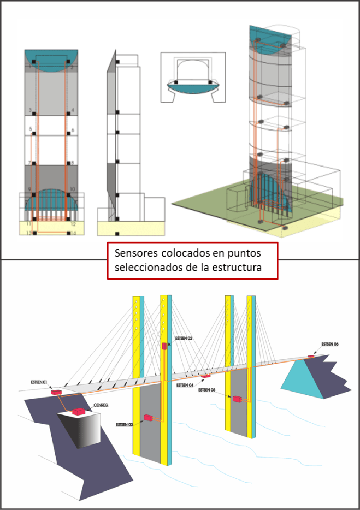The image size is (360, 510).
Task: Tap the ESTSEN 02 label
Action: tap(184, 339)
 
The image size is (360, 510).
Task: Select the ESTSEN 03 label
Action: tap(125, 424)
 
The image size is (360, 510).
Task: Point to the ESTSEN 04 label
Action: tap(185, 386)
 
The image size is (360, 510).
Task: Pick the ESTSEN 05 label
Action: tap(208, 390)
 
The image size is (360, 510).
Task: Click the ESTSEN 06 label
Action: tap(330, 344)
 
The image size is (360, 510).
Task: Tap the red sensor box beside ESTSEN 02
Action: tap(164, 346)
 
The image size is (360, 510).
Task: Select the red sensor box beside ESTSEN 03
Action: tap(147, 418)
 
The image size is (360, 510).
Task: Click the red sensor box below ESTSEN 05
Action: tap(237, 399)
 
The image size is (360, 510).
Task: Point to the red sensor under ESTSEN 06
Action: tap(312, 356)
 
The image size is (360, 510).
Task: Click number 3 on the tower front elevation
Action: tap(29, 110)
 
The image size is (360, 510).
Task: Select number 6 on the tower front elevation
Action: tap(72, 131)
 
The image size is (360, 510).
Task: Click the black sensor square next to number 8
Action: tap(68, 163)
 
